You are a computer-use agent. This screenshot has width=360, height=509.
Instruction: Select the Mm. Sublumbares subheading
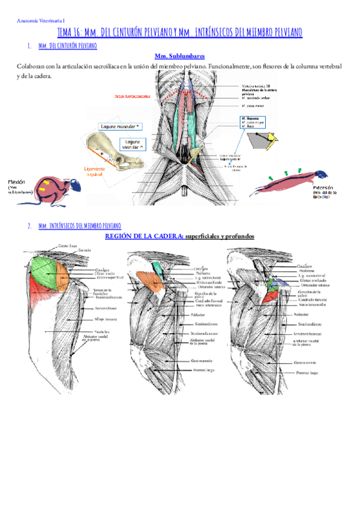[x=179, y=56]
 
